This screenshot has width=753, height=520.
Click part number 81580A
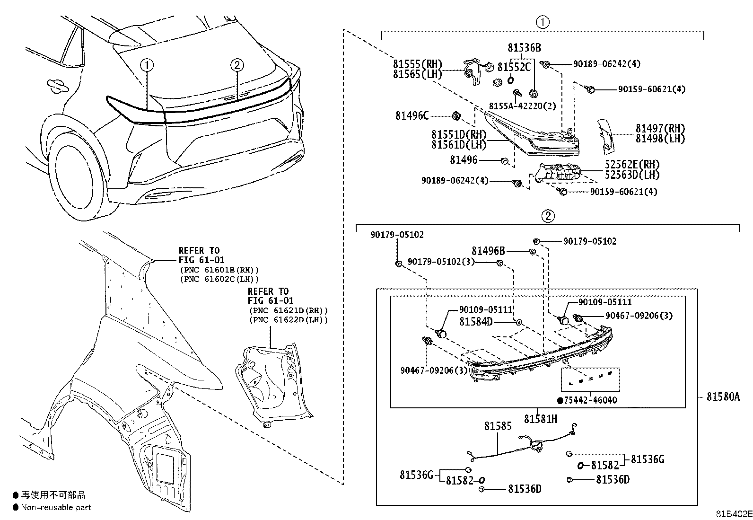[x=723, y=397]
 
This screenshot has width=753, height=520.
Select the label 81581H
[x=541, y=419]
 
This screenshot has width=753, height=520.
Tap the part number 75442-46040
[x=590, y=400]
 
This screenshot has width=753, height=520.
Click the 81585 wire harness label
[x=498, y=426]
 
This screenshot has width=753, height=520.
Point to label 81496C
[x=412, y=115]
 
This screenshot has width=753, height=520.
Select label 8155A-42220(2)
[x=522, y=106]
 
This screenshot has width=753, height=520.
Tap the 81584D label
[x=476, y=322]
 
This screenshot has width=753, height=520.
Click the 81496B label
[x=488, y=251]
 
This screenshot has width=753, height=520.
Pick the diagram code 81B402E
[x=733, y=514]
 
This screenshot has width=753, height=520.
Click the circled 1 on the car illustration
[x=147, y=65]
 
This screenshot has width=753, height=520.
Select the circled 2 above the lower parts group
[x=547, y=216]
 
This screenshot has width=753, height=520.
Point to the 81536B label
[x=524, y=48]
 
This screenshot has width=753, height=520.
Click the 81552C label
[x=514, y=67]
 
